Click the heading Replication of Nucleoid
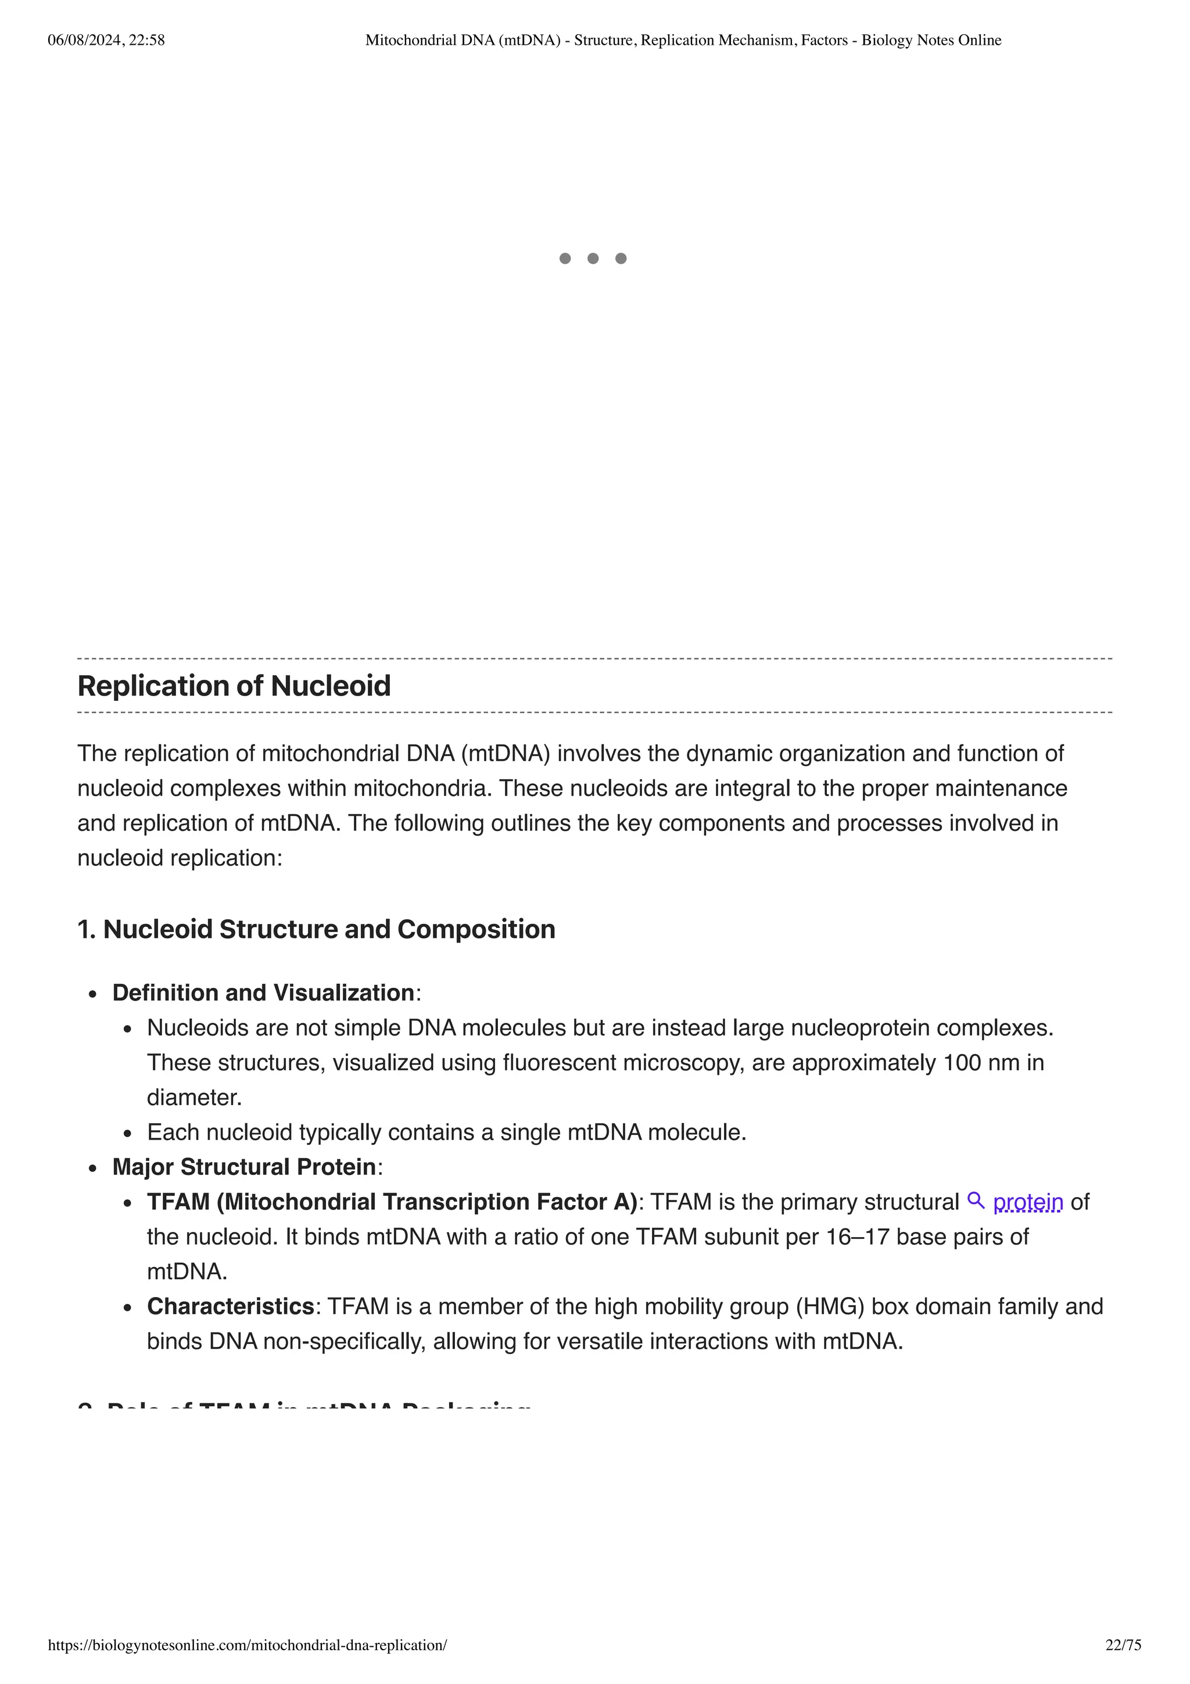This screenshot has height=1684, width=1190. click(x=234, y=686)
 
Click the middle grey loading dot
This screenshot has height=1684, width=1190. click(x=593, y=258)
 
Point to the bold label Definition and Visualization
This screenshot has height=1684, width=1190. click(x=263, y=993)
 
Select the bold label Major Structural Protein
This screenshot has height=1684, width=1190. click(x=243, y=1167)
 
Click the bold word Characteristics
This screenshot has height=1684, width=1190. click(x=230, y=1306)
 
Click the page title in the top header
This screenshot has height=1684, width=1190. click(x=683, y=40)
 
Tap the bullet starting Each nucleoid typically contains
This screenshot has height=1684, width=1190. click(x=446, y=1133)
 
